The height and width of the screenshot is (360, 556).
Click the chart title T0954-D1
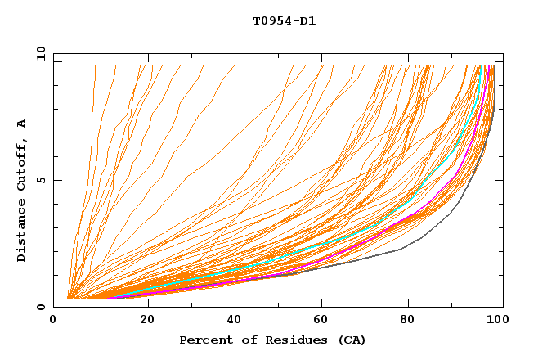click(284, 21)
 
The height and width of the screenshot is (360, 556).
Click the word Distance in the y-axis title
click(22, 232)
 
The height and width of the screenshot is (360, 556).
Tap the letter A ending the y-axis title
click(22, 124)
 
